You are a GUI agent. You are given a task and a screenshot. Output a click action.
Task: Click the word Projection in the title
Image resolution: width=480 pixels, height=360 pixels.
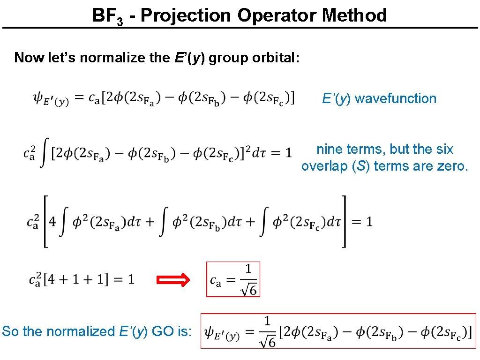click(x=186, y=15)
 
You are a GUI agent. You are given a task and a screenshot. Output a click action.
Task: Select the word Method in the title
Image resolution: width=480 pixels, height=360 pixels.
click(x=354, y=15)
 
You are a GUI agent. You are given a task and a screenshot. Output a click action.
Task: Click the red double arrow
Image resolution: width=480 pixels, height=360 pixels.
click(x=172, y=280)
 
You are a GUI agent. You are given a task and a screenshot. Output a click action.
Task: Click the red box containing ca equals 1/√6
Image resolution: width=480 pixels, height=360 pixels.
click(x=233, y=279)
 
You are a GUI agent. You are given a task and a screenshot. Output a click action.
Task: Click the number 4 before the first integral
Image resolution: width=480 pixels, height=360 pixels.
click(x=52, y=221)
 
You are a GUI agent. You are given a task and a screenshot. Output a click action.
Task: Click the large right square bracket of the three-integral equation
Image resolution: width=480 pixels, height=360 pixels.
click(x=345, y=221)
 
